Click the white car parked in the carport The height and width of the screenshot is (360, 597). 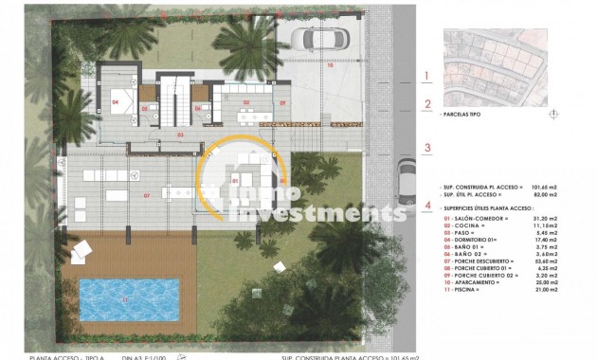point(314,41)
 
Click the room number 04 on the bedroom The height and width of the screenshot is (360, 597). point(115,100)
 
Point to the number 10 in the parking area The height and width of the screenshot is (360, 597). point(330,66)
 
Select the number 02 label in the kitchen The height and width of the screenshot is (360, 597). point(245,101)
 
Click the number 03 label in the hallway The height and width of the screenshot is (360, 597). point(180,135)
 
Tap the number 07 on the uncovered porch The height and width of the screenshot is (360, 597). point(147,195)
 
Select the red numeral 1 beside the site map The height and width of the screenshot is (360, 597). point(427,76)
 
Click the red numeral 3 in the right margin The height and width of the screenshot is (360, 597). point(427,147)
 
